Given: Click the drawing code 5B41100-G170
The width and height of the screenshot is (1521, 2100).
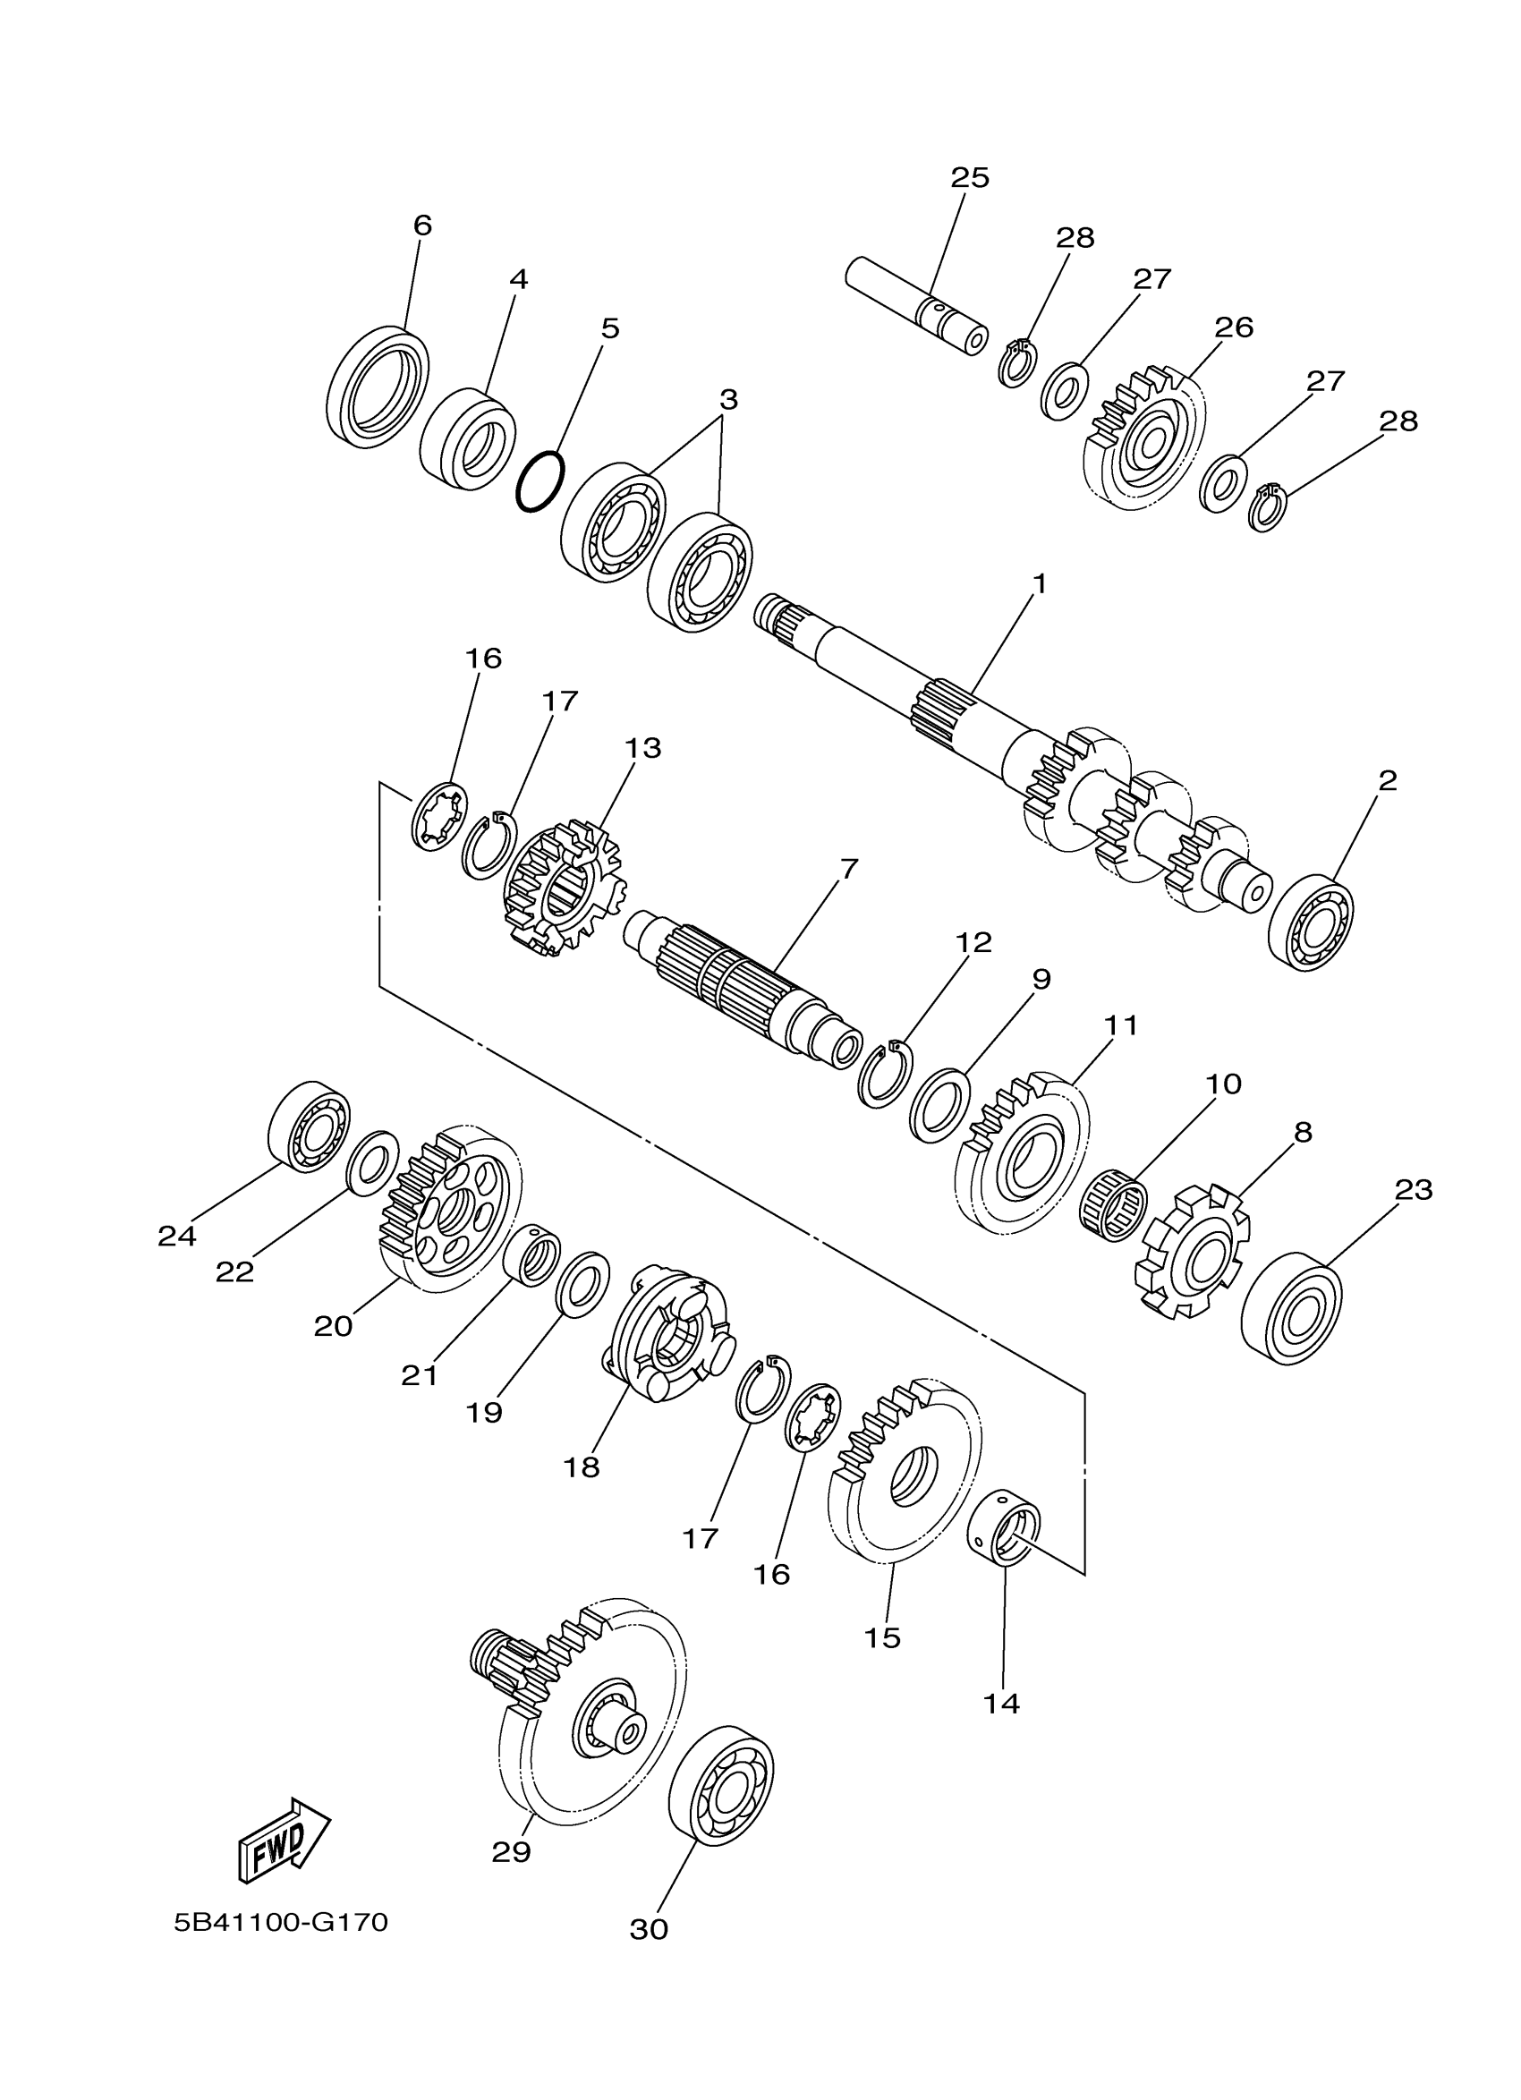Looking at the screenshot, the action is [281, 1922].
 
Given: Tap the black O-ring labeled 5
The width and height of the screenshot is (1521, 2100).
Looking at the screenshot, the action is [540, 480].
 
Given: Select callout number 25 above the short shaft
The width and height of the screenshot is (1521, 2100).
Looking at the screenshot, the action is [969, 177].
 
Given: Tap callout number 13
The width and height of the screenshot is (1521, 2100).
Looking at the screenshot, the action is [642, 747].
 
